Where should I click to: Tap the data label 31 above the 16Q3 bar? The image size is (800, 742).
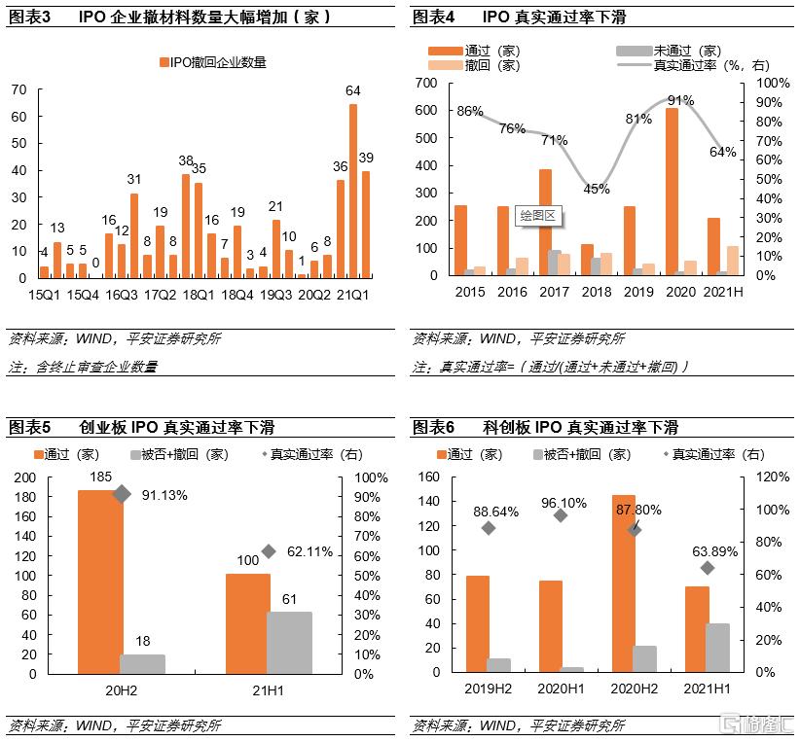click(x=134, y=179)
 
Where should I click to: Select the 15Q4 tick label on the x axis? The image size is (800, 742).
click(x=82, y=294)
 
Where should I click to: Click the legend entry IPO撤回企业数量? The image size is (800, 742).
click(x=212, y=62)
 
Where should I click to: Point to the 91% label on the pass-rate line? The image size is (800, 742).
click(x=680, y=100)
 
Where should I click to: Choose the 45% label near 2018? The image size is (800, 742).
click(x=597, y=189)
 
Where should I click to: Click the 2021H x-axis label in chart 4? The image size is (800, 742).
click(x=721, y=292)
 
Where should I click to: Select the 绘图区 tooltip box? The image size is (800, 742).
click(x=537, y=215)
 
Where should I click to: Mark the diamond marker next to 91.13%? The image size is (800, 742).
click(x=121, y=494)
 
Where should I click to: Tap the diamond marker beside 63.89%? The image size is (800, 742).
click(x=708, y=568)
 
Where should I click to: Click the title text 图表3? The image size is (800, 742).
click(x=28, y=17)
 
